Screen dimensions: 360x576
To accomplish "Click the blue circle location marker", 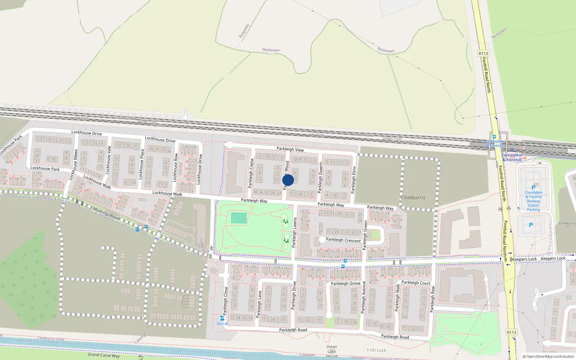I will coord(288,180).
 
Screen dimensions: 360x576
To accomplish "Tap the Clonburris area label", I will coord(413,198).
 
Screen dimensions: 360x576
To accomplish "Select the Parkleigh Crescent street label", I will coord(343,240).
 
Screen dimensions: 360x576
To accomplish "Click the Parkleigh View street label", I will coord(290,149).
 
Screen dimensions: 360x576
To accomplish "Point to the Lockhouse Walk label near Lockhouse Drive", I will coord(167,193).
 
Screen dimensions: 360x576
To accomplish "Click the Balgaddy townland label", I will coord(244,31).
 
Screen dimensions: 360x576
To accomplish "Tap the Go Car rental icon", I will coord(222,318).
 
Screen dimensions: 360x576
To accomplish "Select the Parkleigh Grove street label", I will coord(346,283).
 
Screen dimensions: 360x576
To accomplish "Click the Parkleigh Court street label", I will coord(416,283).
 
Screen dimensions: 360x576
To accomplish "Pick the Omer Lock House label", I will coord(332,351).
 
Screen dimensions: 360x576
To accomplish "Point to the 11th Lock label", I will coord(376,350).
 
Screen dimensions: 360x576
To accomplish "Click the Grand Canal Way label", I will coord(103,355).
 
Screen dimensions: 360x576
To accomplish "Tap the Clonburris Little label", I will coord(51,338).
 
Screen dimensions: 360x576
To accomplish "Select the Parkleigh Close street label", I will coord(226,301).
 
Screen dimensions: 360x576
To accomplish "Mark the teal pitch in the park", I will coord(239,218).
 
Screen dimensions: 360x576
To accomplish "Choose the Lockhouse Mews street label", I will coord(73,164).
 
